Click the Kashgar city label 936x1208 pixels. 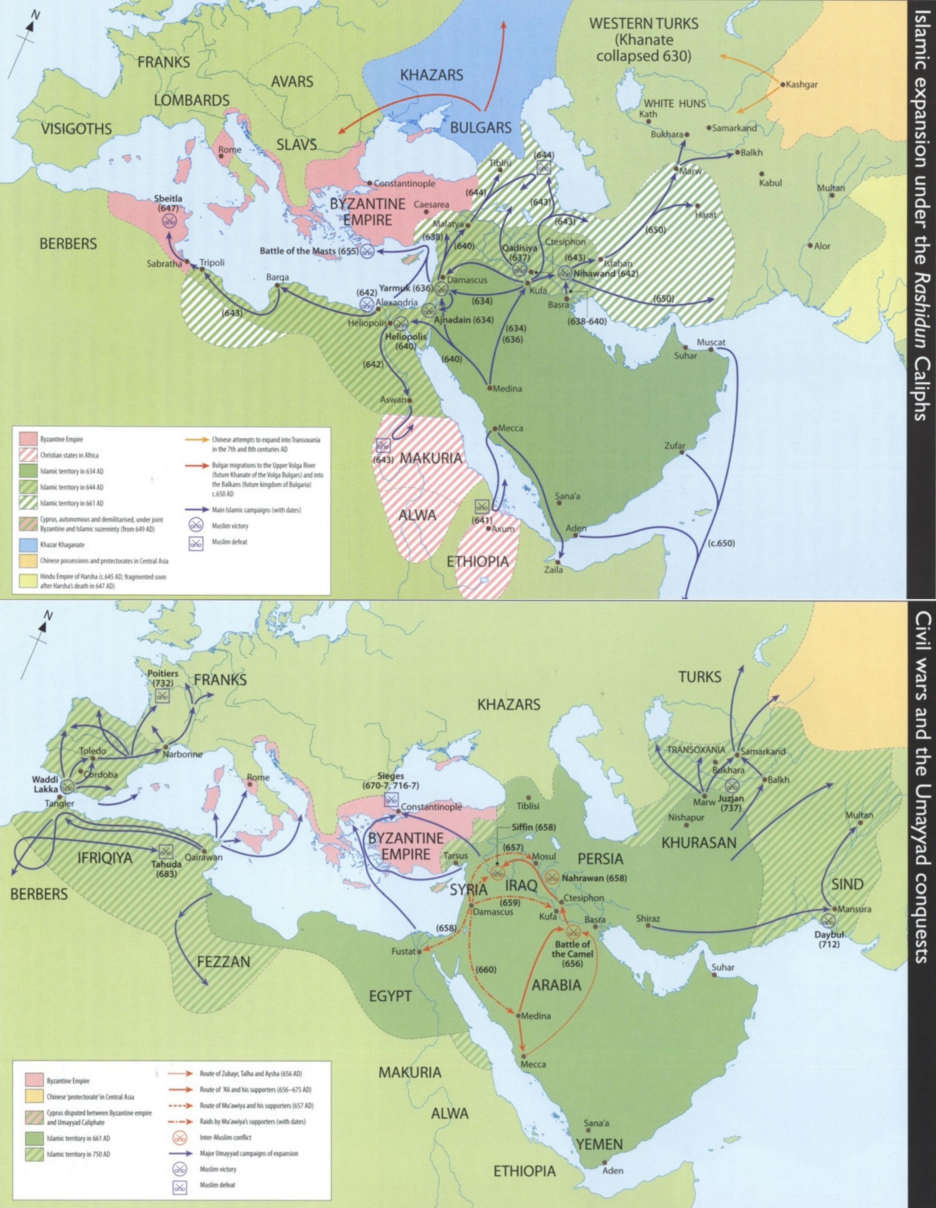tap(801, 85)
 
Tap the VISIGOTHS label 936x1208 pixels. tap(76, 129)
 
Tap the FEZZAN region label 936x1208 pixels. tap(224, 961)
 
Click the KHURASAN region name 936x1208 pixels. tap(699, 842)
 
